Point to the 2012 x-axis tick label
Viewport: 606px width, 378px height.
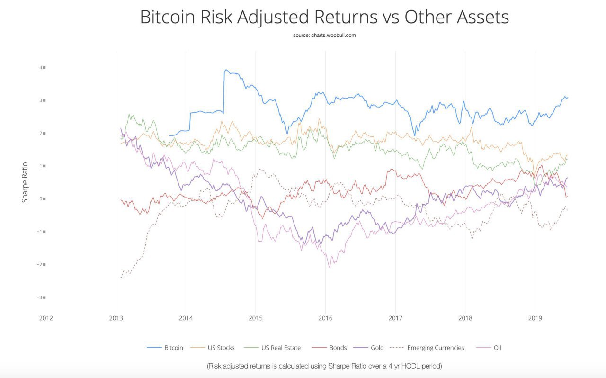[46, 318]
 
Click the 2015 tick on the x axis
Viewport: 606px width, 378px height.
[256, 318]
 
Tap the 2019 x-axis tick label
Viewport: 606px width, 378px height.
[535, 318]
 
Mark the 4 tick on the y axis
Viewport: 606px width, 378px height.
[41, 67]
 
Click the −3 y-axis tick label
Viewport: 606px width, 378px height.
[40, 297]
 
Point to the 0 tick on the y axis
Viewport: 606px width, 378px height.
[41, 199]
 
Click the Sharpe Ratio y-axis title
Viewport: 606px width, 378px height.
[25, 182]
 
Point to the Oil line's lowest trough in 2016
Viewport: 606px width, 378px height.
[330, 267]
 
